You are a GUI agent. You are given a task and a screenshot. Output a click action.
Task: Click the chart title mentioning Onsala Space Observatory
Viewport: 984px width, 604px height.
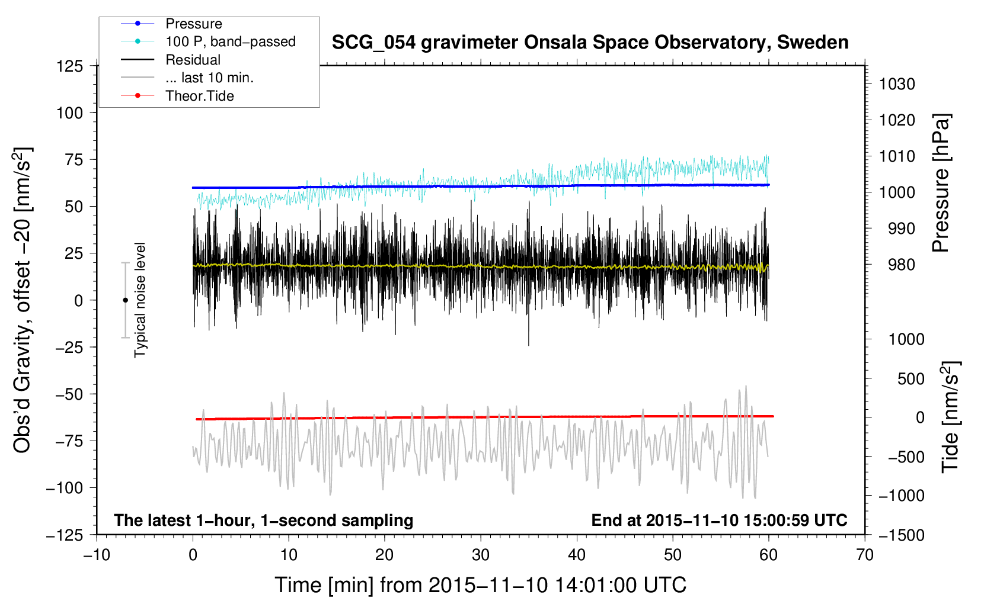(590, 43)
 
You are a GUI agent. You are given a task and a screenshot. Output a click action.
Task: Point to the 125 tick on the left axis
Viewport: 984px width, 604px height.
(70, 66)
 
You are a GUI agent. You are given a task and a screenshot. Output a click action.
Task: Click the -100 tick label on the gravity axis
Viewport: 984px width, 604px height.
(65, 488)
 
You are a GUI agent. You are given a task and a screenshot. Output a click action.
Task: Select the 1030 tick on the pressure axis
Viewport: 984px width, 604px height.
(897, 84)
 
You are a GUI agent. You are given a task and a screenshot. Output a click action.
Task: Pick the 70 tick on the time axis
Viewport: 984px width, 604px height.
(865, 555)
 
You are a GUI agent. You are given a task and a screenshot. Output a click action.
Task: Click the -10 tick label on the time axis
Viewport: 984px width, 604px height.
(97, 555)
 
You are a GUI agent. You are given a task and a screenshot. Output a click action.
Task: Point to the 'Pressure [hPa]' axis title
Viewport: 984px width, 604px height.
(941, 183)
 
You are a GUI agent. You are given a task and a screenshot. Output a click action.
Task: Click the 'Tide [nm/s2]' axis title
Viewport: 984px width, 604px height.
(950, 417)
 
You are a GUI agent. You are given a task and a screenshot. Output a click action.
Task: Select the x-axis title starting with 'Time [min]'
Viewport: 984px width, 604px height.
(481, 585)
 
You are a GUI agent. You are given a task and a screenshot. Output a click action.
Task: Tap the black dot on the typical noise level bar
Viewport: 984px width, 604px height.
(125, 300)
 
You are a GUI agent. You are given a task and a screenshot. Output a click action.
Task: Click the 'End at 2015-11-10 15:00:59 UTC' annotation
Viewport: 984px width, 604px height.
(719, 520)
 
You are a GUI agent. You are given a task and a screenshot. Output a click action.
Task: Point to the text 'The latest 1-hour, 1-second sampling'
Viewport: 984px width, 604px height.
(264, 521)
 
